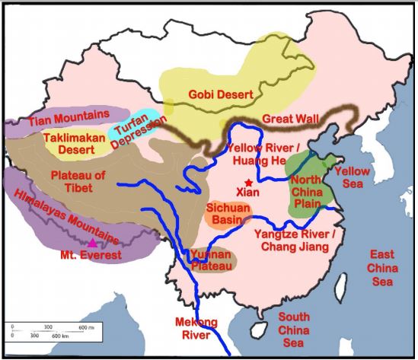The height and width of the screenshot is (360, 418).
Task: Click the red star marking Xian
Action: [249, 183]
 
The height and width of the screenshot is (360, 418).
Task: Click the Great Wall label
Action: [293, 119]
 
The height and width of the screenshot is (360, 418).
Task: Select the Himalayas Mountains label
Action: [69, 215]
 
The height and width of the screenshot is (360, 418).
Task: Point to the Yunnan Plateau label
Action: [211, 260]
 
